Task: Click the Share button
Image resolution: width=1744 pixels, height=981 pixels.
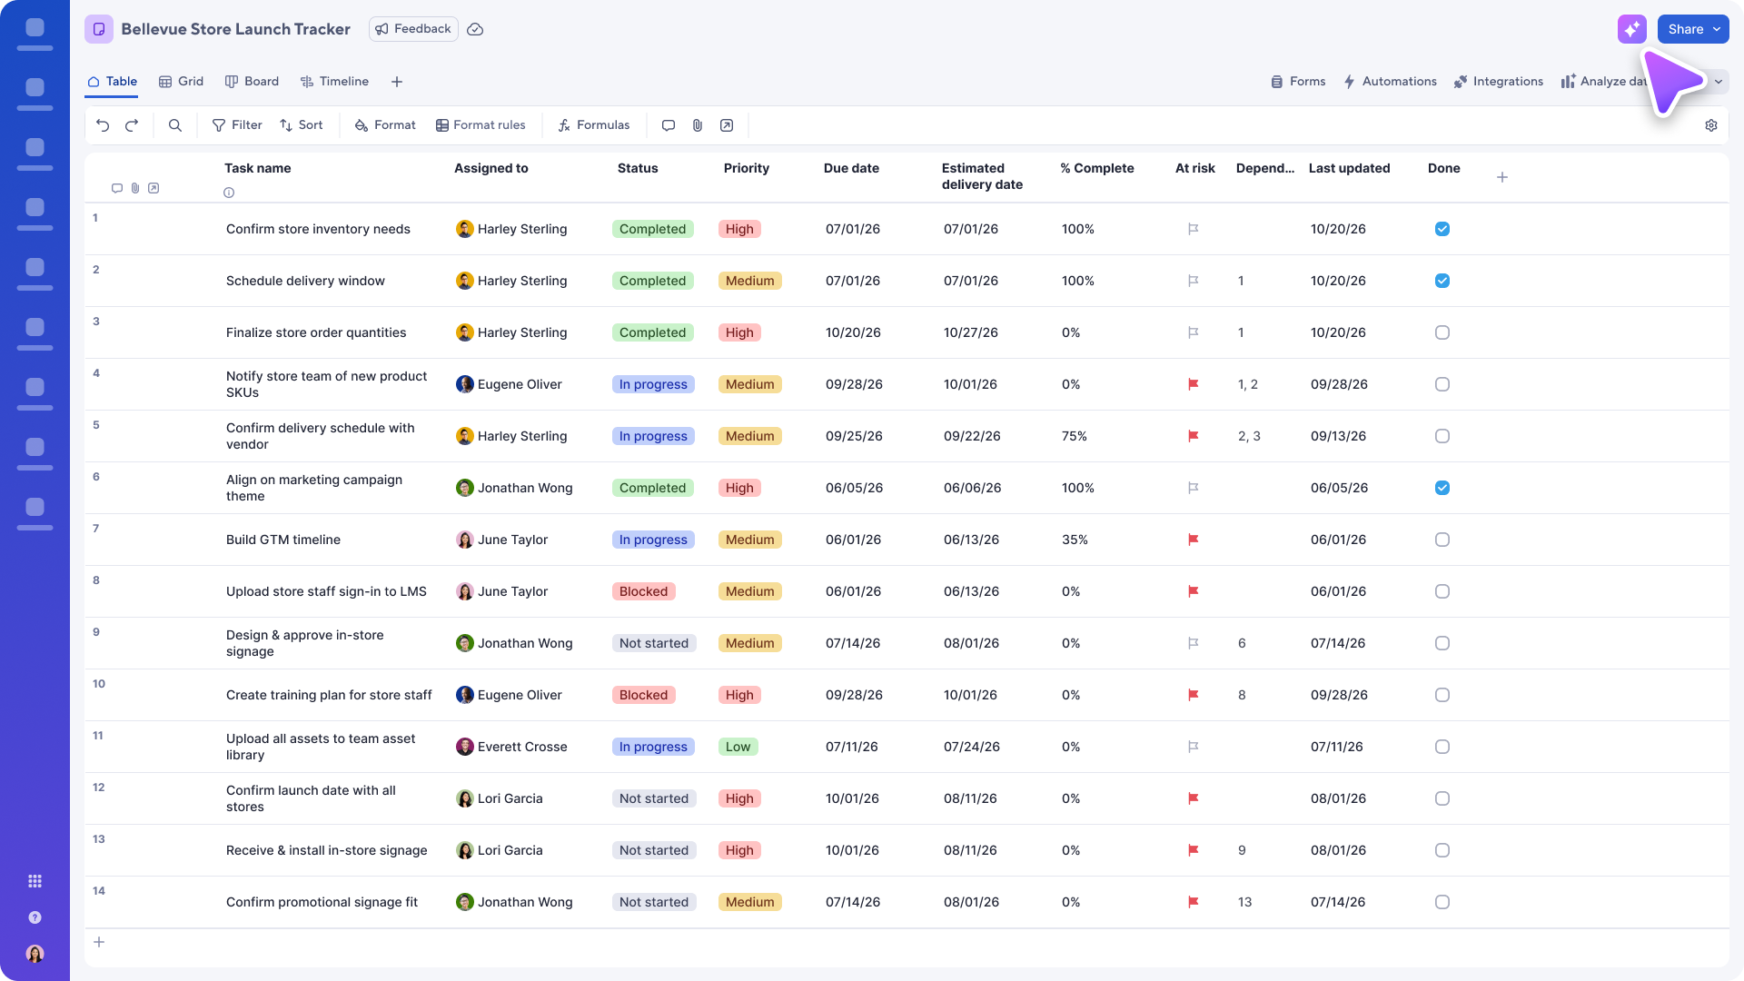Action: pyautogui.click(x=1693, y=29)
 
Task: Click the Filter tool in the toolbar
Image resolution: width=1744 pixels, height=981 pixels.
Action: pyautogui.click(x=237, y=125)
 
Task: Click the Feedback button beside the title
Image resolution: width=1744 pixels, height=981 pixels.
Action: pyautogui.click(x=413, y=29)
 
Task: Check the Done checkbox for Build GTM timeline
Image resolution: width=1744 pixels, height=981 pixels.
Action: pyautogui.click(x=1442, y=540)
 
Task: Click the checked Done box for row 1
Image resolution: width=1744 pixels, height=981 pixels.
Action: pyautogui.click(x=1442, y=229)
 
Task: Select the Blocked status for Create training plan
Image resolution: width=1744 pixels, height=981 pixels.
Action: pyautogui.click(x=643, y=695)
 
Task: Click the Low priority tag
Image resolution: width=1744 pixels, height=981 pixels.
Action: pyautogui.click(x=738, y=747)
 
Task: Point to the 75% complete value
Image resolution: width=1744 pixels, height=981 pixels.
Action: pyautogui.click(x=1075, y=436)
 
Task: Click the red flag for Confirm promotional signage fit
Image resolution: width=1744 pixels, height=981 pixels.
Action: pyautogui.click(x=1194, y=902)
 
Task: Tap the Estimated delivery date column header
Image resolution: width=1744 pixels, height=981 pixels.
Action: pyautogui.click(x=982, y=176)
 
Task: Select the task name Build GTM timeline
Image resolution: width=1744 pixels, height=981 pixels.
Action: pyautogui.click(x=283, y=540)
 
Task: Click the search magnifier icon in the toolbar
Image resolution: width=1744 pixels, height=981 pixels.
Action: pyautogui.click(x=175, y=125)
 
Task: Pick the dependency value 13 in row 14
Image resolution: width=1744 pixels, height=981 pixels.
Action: pyautogui.click(x=1244, y=902)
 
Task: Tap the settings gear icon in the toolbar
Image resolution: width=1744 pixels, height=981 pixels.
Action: pyautogui.click(x=1711, y=125)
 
